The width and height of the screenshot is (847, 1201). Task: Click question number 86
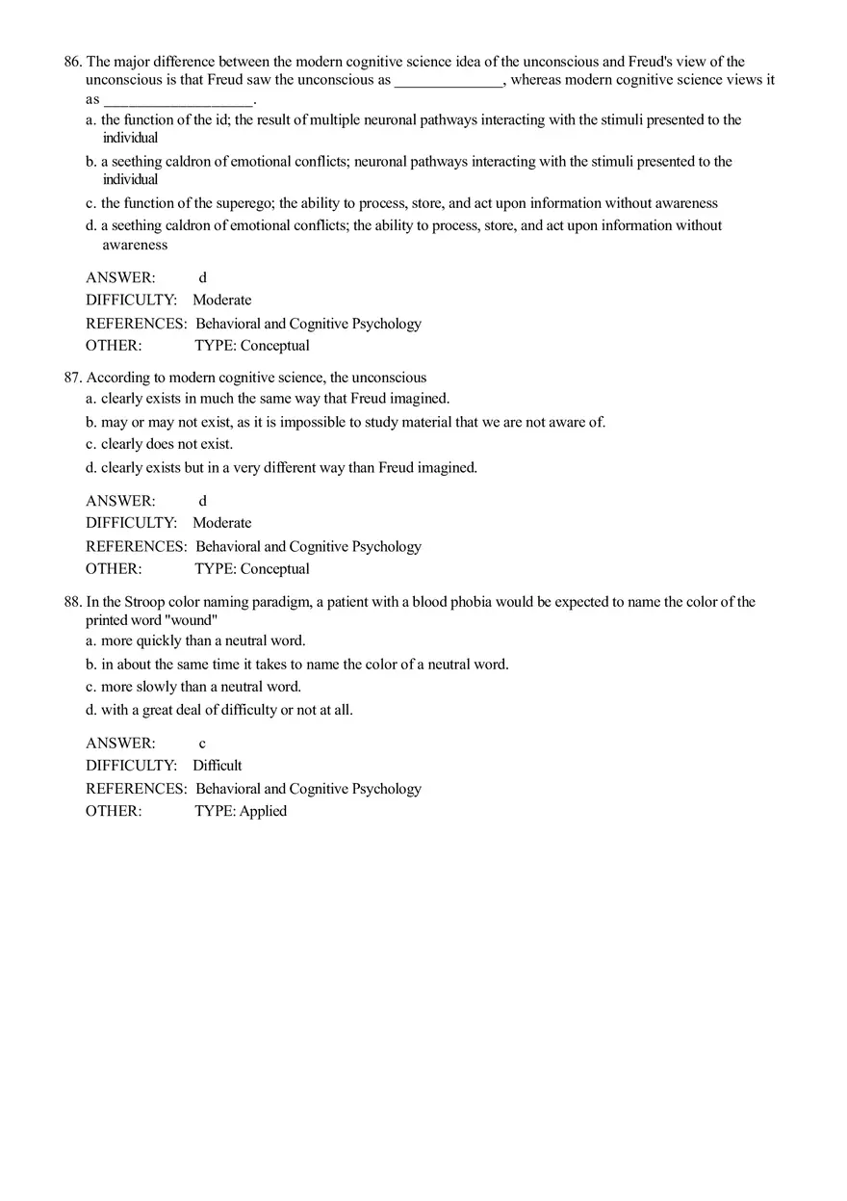[73, 62]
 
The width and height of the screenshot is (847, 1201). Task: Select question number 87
[73, 378]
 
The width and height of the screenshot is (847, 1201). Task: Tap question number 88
[73, 602]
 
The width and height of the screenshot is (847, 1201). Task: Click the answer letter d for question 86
[202, 277]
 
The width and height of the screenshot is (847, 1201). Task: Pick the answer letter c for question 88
[202, 744]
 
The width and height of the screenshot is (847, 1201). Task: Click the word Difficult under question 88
[218, 766]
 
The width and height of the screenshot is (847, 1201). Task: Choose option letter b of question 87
[90, 422]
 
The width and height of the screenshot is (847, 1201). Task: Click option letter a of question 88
[90, 640]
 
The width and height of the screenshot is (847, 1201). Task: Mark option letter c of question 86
[90, 203]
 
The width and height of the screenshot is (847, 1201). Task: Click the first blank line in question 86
[449, 81]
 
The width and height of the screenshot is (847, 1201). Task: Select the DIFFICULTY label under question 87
[132, 523]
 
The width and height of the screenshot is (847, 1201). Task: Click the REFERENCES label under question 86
[136, 324]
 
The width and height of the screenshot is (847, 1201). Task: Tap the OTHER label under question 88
[114, 811]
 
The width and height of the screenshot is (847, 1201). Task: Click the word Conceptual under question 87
[275, 569]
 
